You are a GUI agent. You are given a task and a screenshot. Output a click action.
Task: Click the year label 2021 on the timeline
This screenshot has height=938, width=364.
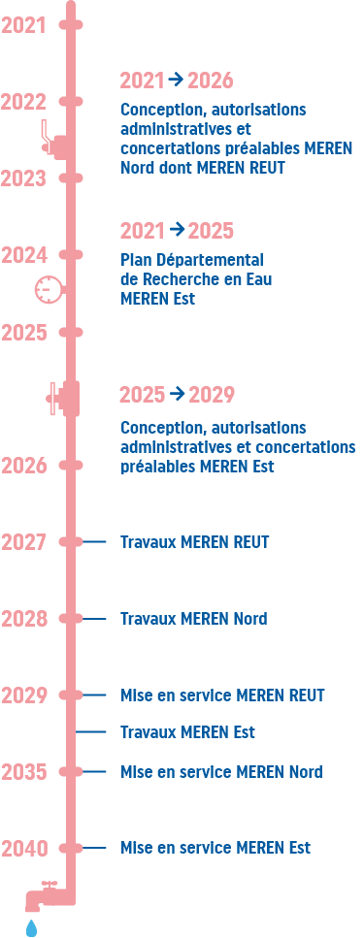[x=24, y=25]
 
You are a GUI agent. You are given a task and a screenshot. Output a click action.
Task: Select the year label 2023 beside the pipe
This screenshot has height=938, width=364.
[x=24, y=178]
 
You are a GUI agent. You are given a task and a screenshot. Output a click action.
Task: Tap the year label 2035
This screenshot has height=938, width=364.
[x=24, y=772]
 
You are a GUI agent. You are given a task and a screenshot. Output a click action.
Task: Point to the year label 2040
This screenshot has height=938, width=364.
[x=24, y=849]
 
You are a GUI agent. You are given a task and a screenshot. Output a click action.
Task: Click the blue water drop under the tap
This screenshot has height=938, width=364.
[x=31, y=927]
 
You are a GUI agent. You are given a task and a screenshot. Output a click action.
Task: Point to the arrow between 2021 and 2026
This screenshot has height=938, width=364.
[x=176, y=79]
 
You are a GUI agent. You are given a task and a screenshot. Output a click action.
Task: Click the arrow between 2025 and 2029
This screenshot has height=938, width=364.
[x=177, y=393]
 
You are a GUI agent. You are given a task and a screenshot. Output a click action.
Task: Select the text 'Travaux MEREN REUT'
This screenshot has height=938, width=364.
[x=194, y=542]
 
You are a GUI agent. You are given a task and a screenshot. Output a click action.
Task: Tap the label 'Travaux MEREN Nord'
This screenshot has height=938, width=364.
[x=193, y=619]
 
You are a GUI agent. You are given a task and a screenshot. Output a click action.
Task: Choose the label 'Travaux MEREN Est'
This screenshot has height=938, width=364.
[x=187, y=731]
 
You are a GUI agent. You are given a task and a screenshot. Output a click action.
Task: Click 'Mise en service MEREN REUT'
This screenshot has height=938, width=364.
[x=222, y=695]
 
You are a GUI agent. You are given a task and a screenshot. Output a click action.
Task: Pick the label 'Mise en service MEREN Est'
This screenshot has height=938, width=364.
[x=215, y=848]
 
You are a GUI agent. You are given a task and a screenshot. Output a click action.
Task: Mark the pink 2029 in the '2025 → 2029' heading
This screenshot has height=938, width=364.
[x=212, y=395]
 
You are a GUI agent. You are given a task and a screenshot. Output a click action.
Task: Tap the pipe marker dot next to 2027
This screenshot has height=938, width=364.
[x=71, y=542]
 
